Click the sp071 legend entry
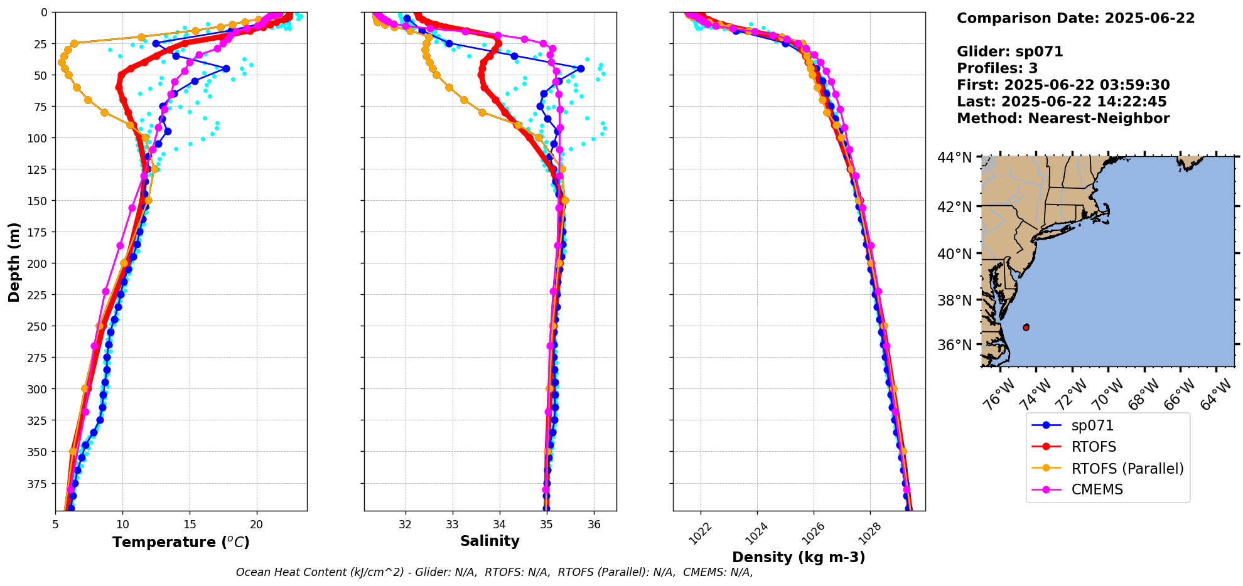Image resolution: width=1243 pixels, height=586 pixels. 1092,425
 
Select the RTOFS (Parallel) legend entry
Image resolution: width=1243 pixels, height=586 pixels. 1127,469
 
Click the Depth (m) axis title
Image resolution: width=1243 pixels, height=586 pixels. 14,262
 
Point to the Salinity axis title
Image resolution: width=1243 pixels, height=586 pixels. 490,541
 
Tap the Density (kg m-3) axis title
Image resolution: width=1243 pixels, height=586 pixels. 799,557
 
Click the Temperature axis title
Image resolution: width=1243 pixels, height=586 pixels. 181,542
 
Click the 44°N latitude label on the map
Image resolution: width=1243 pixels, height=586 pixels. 954,157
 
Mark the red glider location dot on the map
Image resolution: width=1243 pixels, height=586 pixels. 1026,328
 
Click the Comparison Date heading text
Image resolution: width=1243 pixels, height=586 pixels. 1075,18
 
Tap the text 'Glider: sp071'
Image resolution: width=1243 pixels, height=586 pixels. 1009,51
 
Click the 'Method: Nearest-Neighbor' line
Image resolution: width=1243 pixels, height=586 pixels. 1063,119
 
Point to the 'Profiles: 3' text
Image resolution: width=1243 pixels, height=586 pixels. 997,68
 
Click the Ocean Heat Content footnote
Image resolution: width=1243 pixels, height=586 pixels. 494,572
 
